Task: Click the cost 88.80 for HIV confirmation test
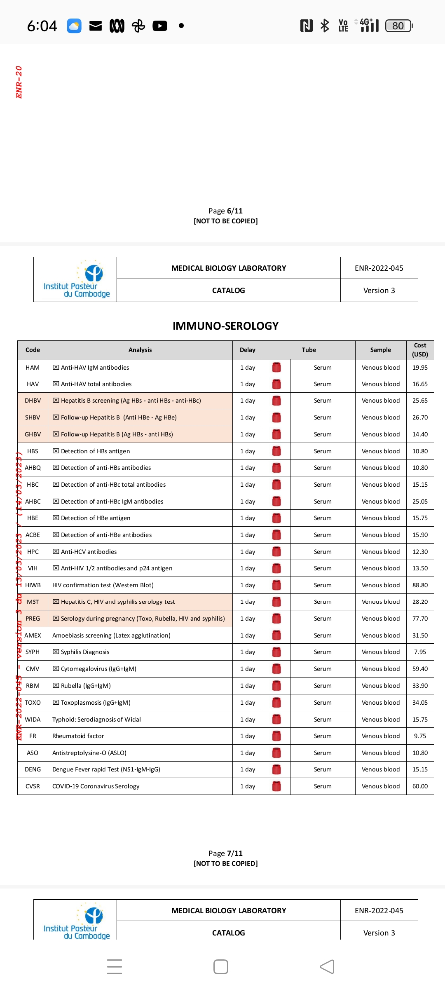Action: coord(420,585)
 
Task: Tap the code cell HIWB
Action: coord(33,585)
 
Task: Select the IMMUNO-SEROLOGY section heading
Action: coord(225,326)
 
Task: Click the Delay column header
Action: coord(248,350)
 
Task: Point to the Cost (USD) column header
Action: coord(420,350)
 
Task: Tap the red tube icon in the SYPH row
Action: coord(276,652)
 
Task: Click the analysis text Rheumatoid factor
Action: coord(78,736)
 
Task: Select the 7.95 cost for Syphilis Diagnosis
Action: coord(420,652)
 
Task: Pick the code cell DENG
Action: coord(33,769)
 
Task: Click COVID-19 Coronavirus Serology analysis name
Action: coord(96,786)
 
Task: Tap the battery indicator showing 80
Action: coord(398,26)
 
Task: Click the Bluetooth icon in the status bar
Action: coord(325,26)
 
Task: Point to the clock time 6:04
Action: coord(42,26)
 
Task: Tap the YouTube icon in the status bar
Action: coord(160,26)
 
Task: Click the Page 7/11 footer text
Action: coord(225,853)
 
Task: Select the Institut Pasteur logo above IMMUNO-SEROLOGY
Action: coord(76,279)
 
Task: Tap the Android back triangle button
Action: coord(327,967)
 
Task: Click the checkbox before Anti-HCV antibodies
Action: coord(56,552)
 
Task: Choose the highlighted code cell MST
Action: coord(33,602)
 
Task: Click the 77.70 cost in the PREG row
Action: coord(420,619)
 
